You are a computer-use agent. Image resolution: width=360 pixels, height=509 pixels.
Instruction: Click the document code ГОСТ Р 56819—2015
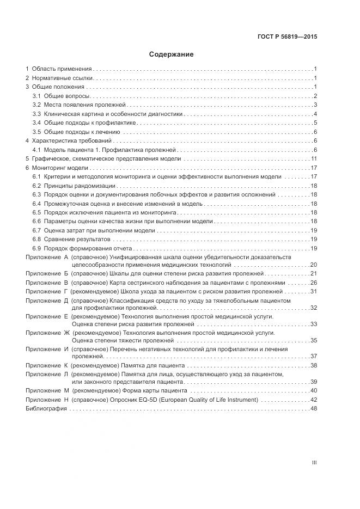click(287, 37)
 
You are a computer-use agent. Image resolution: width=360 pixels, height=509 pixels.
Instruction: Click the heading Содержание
click(171, 54)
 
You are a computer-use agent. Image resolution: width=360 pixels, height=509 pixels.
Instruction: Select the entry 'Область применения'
click(61, 69)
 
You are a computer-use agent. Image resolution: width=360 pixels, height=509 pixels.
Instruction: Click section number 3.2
click(36, 105)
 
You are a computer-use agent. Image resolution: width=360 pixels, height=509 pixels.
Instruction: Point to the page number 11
click(314, 158)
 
